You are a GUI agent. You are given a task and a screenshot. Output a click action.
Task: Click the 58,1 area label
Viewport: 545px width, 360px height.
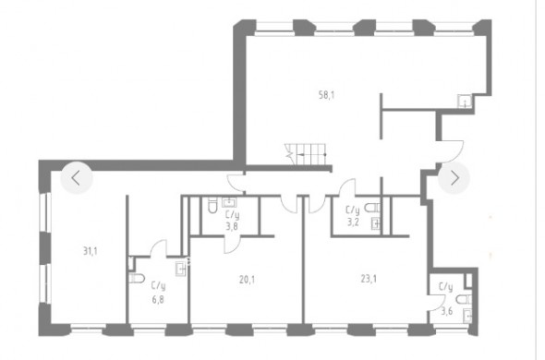(x=326, y=95)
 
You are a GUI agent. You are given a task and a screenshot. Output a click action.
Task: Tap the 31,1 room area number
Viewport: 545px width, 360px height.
(x=90, y=250)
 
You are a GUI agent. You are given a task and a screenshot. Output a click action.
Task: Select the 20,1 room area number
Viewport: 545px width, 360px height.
(x=247, y=279)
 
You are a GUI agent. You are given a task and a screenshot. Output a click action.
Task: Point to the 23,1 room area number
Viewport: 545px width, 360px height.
(x=369, y=279)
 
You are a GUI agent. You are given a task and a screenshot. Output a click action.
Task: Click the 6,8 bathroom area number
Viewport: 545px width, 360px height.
(x=158, y=299)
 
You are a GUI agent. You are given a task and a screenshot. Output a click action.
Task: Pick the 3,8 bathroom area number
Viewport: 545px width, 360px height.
(x=232, y=226)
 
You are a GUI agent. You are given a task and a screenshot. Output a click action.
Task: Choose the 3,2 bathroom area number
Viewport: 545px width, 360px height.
(x=353, y=222)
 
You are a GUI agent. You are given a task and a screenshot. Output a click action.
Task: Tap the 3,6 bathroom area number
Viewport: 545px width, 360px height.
(x=447, y=311)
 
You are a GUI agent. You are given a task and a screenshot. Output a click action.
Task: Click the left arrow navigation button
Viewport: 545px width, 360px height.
(x=77, y=178)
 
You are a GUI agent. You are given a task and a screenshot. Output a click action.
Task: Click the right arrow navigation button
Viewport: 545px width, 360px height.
(x=454, y=178)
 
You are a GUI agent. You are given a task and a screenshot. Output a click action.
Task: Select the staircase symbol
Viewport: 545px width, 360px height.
(x=306, y=155)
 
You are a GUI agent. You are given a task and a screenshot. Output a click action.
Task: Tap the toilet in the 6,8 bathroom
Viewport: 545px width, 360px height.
(x=137, y=279)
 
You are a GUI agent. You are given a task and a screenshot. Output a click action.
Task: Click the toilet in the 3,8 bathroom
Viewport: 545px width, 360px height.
(x=212, y=206)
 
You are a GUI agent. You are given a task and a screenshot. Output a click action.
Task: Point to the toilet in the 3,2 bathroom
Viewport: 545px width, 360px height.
(x=372, y=208)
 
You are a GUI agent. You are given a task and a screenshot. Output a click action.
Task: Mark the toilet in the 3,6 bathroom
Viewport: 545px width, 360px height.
(x=464, y=299)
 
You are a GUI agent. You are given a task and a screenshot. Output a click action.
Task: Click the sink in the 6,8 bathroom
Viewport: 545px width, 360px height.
(x=180, y=269)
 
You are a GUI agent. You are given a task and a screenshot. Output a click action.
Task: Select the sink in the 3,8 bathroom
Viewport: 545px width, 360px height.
(x=229, y=202)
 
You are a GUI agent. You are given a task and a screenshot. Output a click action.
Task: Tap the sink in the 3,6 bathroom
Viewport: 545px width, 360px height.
(x=467, y=317)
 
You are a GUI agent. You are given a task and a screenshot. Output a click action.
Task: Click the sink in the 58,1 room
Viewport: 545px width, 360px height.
(x=465, y=102)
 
